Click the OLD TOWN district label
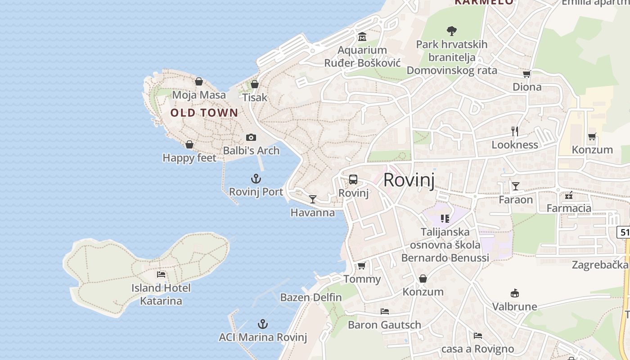(x=204, y=113)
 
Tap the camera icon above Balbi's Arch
(x=251, y=137)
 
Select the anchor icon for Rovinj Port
(x=256, y=179)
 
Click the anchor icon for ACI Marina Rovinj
(x=262, y=324)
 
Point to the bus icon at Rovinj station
(x=353, y=180)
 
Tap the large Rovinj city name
(x=409, y=180)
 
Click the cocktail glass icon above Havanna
(x=313, y=199)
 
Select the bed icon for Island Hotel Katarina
(x=161, y=274)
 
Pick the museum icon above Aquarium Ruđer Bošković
(x=362, y=36)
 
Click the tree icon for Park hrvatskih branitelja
(x=451, y=31)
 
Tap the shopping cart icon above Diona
(x=527, y=74)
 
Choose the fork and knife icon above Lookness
(x=515, y=131)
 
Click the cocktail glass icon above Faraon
(x=515, y=186)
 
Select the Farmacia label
(x=569, y=208)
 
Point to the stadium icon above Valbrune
(x=514, y=293)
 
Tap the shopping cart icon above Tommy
(x=361, y=265)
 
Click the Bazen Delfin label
(x=311, y=297)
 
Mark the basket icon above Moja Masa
(x=199, y=81)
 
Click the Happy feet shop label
(x=189, y=158)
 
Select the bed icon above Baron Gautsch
(x=384, y=311)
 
